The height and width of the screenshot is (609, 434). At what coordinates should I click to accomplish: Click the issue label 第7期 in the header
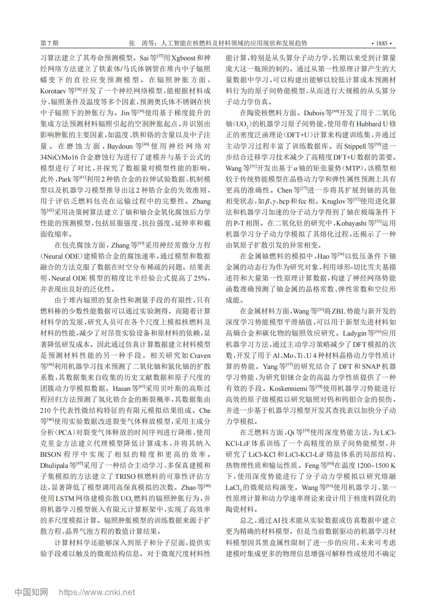pyautogui.click(x=50, y=44)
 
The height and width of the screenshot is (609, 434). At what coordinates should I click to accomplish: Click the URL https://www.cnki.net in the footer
pyautogui.click(x=97, y=592)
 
